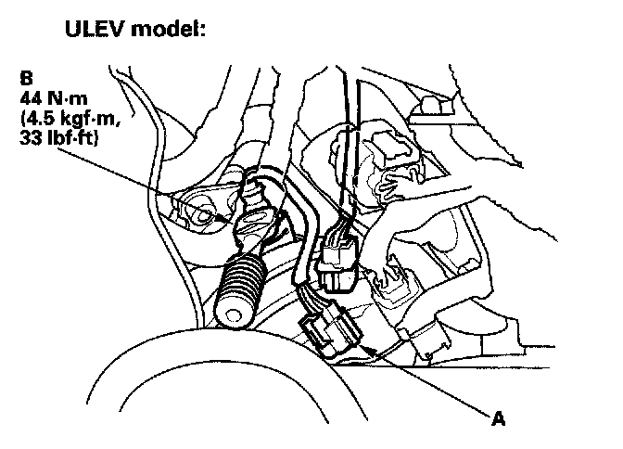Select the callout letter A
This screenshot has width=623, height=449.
pyautogui.click(x=499, y=419)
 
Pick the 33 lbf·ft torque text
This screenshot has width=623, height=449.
pyautogui.click(x=61, y=139)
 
